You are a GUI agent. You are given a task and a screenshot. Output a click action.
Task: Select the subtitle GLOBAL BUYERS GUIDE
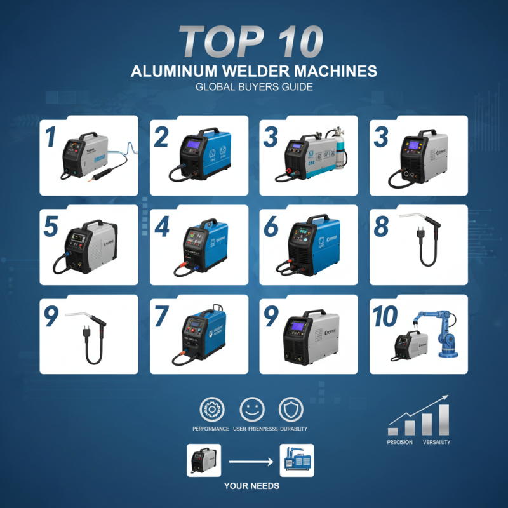coord(253,87)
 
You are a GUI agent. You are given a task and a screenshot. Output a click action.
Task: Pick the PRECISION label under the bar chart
coord(399,442)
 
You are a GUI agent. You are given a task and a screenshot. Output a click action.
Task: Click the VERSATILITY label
coord(436,442)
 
